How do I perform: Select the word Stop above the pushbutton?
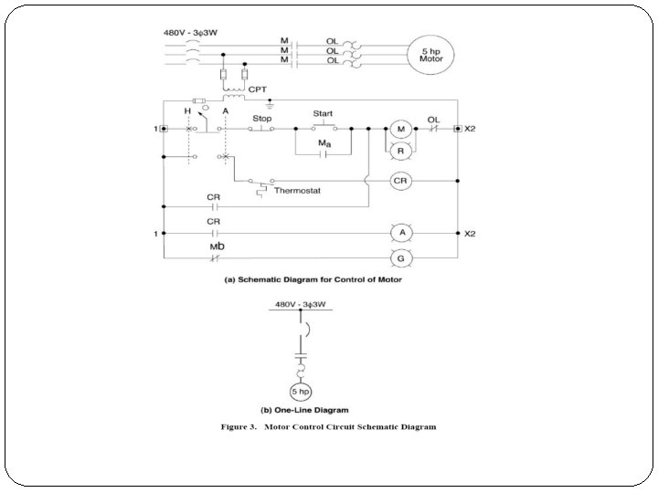(261, 119)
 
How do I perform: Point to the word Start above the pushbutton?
(323, 114)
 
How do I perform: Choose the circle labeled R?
(399, 150)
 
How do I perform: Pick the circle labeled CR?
(399, 181)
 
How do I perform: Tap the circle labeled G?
(399, 258)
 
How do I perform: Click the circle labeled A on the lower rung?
(399, 234)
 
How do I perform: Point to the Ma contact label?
(324, 144)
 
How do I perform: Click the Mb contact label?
(217, 247)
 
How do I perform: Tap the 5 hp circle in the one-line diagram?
(299, 392)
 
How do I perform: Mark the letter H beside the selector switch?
(187, 110)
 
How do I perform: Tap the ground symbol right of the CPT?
(269, 104)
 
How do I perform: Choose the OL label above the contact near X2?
(432, 119)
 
